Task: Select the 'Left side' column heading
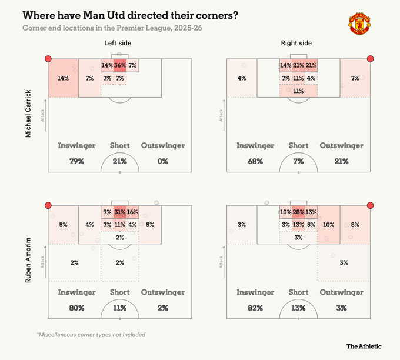click(119, 43)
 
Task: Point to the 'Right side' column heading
click(298, 43)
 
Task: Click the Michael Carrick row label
click(28, 114)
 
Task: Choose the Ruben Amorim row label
click(28, 260)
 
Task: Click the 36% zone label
click(119, 65)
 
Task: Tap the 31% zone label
click(119, 212)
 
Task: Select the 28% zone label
click(298, 212)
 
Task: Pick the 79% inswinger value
click(76, 161)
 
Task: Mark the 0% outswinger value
click(162, 161)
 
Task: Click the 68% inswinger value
click(255, 161)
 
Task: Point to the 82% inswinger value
click(255, 308)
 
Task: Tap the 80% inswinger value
click(76, 308)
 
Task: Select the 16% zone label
click(132, 212)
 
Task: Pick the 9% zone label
click(106, 212)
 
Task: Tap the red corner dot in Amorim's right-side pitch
click(370, 205)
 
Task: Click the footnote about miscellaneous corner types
click(91, 335)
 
